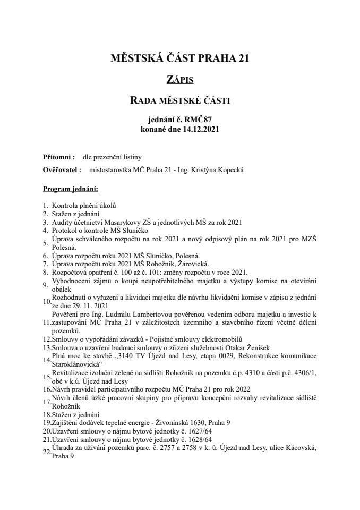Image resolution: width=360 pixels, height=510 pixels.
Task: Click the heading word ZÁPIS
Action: pyautogui.click(x=179, y=80)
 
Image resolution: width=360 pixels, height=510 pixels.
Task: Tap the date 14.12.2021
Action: pyautogui.click(x=199, y=129)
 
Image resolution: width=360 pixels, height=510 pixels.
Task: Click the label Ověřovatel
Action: pyautogui.click(x=61, y=170)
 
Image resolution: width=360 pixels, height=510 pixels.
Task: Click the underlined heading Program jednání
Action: pyautogui.click(x=70, y=189)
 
